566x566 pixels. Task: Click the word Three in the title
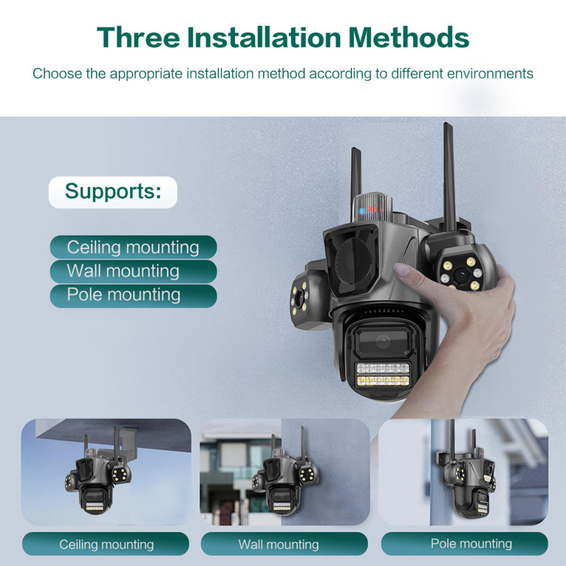pos(138,37)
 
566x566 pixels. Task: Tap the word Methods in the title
pos(409,37)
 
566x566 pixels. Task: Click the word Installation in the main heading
pos(264,37)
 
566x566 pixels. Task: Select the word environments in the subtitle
pos(490,74)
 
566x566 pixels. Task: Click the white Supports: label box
pos(113,192)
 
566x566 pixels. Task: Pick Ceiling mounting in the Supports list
pos(133,247)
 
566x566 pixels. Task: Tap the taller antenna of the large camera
pos(449,177)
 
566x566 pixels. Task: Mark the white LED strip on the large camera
pos(383,368)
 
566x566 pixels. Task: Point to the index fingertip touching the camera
pos(400,269)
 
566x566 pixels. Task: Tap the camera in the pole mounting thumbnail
pos(466,473)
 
